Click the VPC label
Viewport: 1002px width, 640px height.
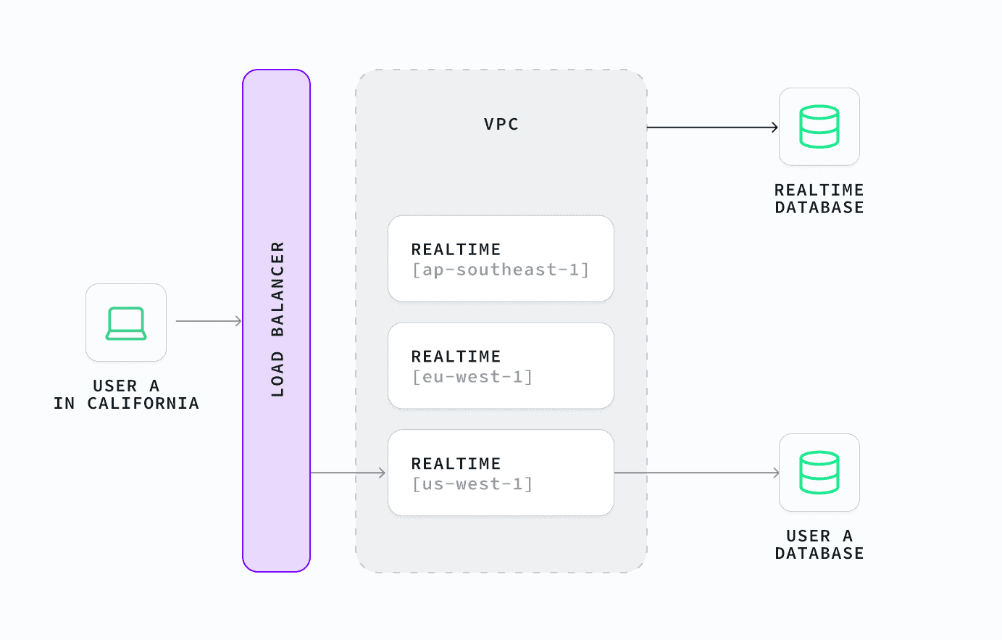(501, 124)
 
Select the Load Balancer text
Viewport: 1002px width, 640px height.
(277, 319)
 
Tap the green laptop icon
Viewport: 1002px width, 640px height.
(126, 323)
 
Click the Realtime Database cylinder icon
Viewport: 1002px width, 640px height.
(819, 127)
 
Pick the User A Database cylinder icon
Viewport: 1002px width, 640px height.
(819, 473)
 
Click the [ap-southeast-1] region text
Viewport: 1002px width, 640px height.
(500, 270)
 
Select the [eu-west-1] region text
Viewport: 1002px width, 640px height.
(472, 377)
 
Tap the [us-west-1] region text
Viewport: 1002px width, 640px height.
(472, 483)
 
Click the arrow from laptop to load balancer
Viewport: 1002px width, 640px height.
(209, 321)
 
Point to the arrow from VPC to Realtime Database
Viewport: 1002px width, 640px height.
(713, 128)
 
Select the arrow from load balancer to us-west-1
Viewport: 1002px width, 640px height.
(348, 473)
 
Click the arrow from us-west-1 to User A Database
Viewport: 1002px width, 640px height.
(696, 473)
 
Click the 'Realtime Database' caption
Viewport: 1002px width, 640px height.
(819, 199)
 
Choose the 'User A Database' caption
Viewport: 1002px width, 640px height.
(819, 544)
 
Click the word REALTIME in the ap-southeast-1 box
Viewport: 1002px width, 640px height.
(456, 249)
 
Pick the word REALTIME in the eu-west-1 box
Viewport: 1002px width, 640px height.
(456, 357)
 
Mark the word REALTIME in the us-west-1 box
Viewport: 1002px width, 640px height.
(456, 464)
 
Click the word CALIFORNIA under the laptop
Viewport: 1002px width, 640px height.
(143, 404)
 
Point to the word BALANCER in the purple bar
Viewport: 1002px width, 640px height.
(277, 289)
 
